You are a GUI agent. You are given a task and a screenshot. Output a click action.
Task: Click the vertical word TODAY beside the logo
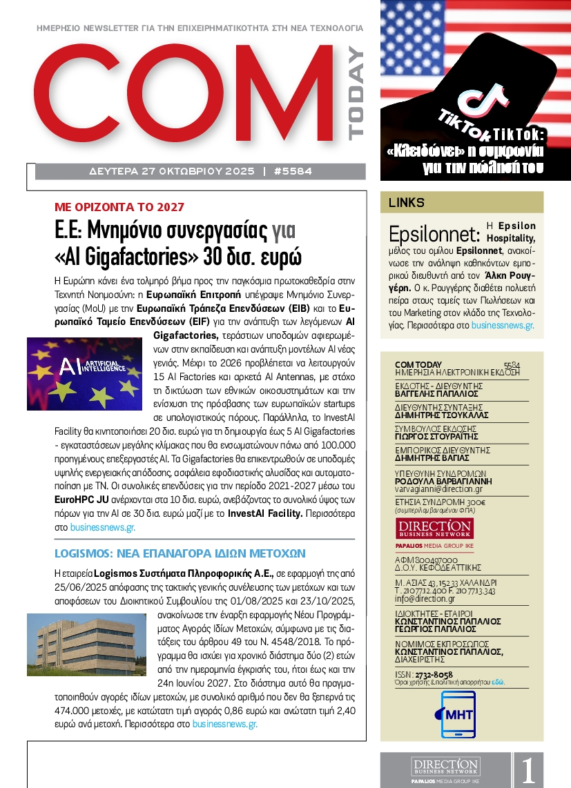355,94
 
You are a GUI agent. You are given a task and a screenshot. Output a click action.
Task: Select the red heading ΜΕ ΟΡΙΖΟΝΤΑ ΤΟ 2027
119,206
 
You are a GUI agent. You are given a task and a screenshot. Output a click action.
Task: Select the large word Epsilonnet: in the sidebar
433,233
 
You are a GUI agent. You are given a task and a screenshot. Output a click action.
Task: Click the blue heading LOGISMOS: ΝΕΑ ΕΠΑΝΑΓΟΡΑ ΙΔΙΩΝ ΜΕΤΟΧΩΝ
180,553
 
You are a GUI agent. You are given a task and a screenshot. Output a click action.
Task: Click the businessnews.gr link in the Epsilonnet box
502,324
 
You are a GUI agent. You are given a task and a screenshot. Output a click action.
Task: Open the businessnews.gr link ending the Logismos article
225,724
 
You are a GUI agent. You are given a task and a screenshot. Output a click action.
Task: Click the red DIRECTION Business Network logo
434,529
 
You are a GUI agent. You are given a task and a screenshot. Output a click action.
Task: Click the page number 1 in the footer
528,770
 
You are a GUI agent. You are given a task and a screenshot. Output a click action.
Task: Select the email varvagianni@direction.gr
438,489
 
